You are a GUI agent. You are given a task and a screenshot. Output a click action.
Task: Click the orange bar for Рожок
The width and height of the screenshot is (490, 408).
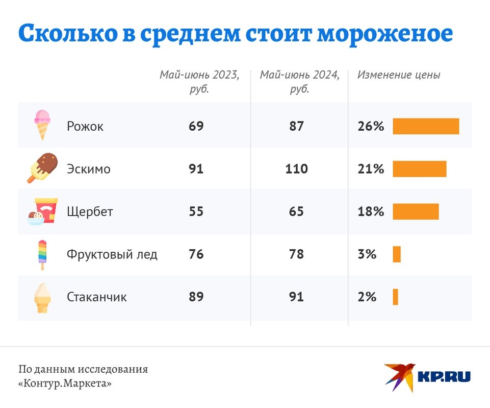(426, 126)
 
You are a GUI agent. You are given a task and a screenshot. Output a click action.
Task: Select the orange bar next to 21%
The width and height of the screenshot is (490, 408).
(419, 169)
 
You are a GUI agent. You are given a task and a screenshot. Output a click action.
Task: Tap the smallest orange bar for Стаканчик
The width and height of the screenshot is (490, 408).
(395, 297)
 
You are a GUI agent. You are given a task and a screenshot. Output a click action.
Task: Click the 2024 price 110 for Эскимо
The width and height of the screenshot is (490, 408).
(296, 169)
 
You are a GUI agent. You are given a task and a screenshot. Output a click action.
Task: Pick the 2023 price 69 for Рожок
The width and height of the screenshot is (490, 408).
(196, 126)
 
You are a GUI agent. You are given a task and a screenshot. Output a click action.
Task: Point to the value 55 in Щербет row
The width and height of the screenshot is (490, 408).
(196, 211)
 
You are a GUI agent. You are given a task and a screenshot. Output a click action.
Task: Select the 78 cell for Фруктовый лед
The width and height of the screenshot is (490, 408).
(296, 254)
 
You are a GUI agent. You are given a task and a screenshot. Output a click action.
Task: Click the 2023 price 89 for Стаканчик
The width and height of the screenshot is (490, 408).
(196, 297)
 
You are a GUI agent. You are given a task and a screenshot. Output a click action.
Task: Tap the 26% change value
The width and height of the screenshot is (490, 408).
(371, 126)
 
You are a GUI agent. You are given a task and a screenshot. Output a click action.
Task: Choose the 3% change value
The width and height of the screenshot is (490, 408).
(367, 254)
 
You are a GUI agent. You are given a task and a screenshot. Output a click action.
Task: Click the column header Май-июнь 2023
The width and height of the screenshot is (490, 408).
(199, 81)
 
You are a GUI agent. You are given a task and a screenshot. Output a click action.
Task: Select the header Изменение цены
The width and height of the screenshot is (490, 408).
(398, 75)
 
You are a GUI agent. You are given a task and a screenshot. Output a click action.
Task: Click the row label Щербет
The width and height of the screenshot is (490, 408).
(90, 211)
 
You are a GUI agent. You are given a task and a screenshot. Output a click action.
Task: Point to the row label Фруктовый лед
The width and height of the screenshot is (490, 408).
(112, 254)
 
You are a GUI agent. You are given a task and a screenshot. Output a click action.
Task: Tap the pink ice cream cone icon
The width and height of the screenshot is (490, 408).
(42, 125)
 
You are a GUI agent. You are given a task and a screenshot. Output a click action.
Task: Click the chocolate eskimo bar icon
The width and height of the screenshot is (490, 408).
(42, 167)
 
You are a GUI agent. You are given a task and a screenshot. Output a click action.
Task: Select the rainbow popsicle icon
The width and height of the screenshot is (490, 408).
(42, 254)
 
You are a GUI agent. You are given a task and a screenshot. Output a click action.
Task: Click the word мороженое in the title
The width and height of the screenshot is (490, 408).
(384, 34)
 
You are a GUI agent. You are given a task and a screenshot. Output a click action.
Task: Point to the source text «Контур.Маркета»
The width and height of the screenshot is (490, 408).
(65, 383)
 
